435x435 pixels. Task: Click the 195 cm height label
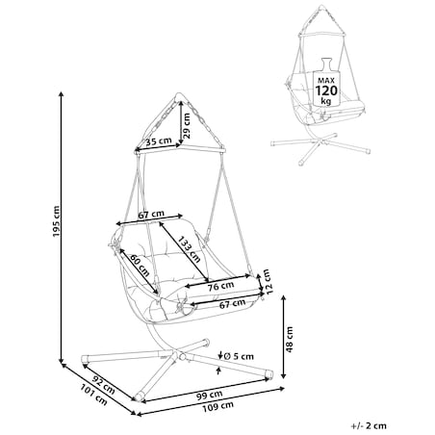(56, 221)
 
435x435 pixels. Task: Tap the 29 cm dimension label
(187, 126)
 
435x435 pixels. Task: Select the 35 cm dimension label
(159, 141)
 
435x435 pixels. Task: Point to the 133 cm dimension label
(190, 249)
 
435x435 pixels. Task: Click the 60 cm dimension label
(140, 266)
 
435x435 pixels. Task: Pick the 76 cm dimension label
(220, 286)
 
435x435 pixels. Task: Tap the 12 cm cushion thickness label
(268, 282)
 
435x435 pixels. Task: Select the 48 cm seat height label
(290, 340)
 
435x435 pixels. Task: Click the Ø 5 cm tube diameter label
(239, 356)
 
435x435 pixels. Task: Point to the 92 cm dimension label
(103, 385)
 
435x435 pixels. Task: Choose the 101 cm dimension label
(93, 395)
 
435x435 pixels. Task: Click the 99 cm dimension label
(210, 395)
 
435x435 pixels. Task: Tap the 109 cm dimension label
(217, 406)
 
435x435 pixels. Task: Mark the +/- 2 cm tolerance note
(369, 425)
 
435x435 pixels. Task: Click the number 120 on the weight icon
(326, 90)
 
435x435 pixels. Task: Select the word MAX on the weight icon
(326, 80)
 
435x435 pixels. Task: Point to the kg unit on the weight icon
(326, 101)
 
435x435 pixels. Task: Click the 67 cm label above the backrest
(151, 215)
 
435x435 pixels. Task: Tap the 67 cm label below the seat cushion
(232, 304)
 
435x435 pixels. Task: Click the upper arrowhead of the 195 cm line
(62, 93)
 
